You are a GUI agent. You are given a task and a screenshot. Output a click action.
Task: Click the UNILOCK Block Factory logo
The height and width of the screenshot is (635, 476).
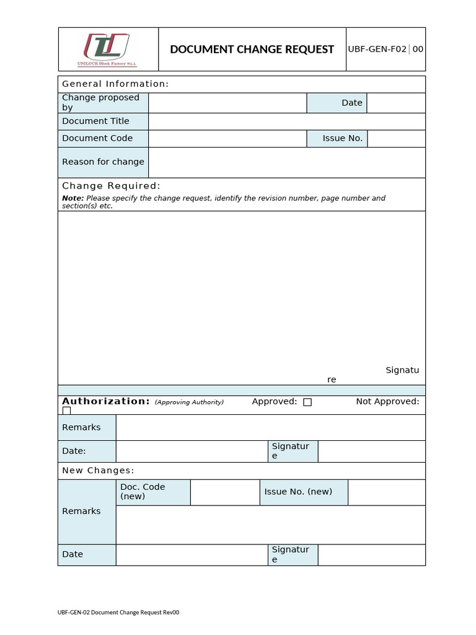pyautogui.click(x=107, y=50)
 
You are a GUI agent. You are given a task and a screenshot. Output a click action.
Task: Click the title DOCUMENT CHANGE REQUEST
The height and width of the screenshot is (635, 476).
pyautogui.click(x=252, y=50)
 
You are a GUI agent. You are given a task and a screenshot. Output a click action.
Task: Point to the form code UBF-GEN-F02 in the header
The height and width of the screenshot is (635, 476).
pyautogui.click(x=377, y=49)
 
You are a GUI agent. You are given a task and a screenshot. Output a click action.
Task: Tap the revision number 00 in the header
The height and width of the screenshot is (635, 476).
pyautogui.click(x=418, y=49)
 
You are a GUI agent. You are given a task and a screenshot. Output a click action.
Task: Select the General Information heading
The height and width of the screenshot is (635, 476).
pyautogui.click(x=115, y=84)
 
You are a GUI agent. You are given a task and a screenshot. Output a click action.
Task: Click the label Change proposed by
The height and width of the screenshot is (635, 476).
pyautogui.click(x=100, y=102)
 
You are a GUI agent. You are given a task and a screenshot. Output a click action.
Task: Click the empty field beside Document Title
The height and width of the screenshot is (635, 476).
pyautogui.click(x=286, y=122)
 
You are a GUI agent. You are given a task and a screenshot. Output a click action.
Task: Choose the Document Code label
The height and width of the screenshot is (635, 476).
pyautogui.click(x=97, y=138)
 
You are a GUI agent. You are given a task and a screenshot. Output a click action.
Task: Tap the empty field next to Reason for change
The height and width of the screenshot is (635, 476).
pyautogui.click(x=286, y=162)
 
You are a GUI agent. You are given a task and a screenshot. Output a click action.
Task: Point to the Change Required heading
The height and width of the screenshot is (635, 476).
pyautogui.click(x=111, y=186)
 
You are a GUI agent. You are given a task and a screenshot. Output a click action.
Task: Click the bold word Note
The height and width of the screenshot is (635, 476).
pyautogui.click(x=68, y=198)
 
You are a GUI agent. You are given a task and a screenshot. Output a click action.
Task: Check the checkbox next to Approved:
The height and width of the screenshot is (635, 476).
pyautogui.click(x=307, y=402)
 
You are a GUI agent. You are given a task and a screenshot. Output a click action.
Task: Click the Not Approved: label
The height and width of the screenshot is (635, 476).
pyautogui.click(x=387, y=402)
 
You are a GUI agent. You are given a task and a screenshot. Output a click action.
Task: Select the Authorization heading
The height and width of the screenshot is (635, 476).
pyautogui.click(x=106, y=401)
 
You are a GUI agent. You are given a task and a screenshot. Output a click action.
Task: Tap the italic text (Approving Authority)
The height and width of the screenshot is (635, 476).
pyautogui.click(x=189, y=402)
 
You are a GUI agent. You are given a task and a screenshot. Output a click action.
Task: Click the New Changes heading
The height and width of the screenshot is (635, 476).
pyautogui.click(x=98, y=471)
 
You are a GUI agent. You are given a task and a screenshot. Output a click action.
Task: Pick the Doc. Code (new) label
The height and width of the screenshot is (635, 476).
pyautogui.click(x=143, y=492)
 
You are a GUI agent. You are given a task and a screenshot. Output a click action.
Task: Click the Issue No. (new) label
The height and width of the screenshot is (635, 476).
pyautogui.click(x=298, y=492)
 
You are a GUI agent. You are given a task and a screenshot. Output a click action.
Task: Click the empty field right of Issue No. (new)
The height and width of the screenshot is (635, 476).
pyautogui.click(x=386, y=492)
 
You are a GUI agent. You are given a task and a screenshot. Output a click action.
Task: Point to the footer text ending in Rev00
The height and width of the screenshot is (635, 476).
pyautogui.click(x=118, y=613)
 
